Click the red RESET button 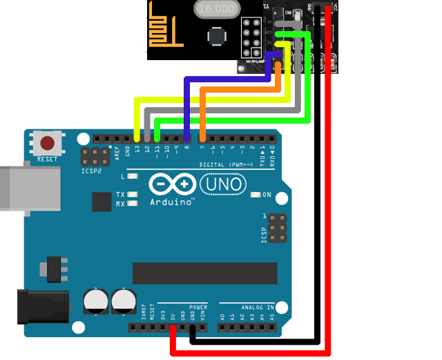48,143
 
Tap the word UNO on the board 222,184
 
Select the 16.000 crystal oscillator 217,9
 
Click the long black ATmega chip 204,273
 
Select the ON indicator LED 256,195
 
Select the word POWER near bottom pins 198,307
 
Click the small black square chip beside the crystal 217,36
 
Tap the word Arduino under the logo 170,202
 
